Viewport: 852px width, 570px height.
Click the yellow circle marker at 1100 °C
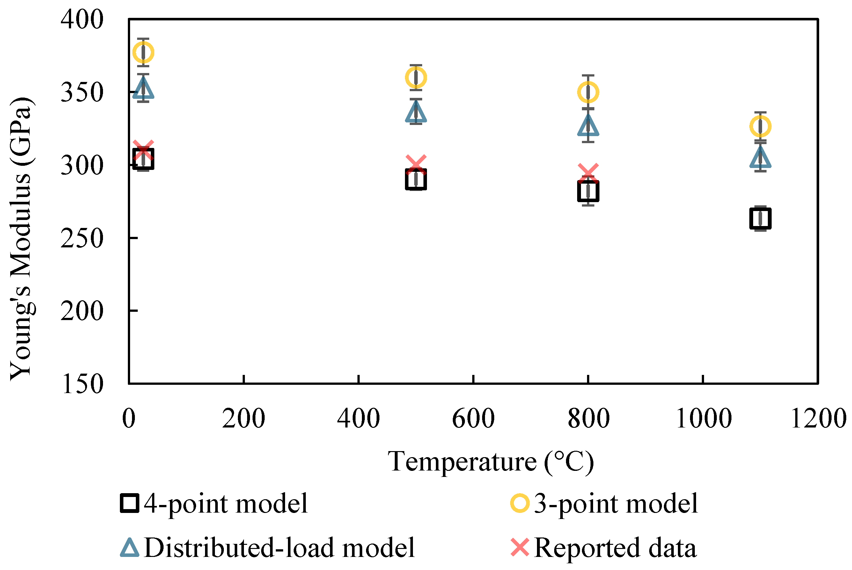tap(760, 127)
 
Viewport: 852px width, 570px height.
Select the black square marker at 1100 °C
tap(760, 218)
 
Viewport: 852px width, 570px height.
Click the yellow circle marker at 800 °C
tap(588, 92)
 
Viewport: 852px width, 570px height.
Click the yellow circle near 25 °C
tap(143, 52)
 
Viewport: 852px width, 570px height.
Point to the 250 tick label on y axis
tap(82, 238)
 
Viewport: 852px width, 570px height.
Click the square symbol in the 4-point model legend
tap(129, 503)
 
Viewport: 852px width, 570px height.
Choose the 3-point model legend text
tap(616, 503)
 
